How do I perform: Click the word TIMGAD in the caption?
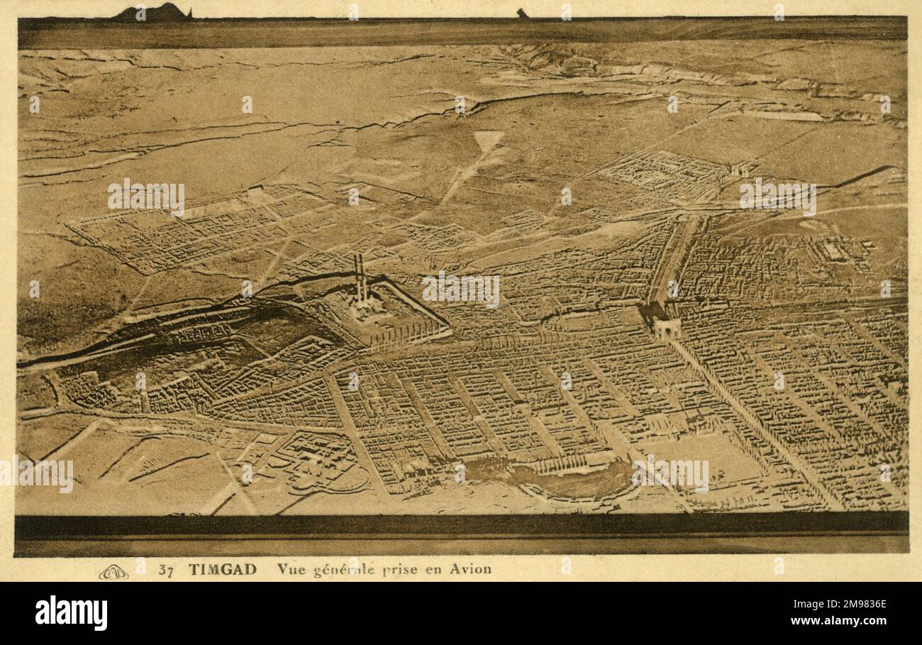pyautogui.click(x=223, y=569)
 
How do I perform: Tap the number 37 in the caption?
pyautogui.click(x=167, y=569)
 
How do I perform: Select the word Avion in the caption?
pyautogui.click(x=470, y=569)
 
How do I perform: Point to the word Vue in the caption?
pyautogui.click(x=290, y=569)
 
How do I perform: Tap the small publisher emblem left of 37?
pyautogui.click(x=113, y=571)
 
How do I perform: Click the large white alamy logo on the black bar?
pyautogui.click(x=72, y=613)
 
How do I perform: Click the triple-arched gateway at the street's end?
pyautogui.click(x=666, y=327)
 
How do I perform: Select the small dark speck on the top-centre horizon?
pyautogui.click(x=522, y=13)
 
